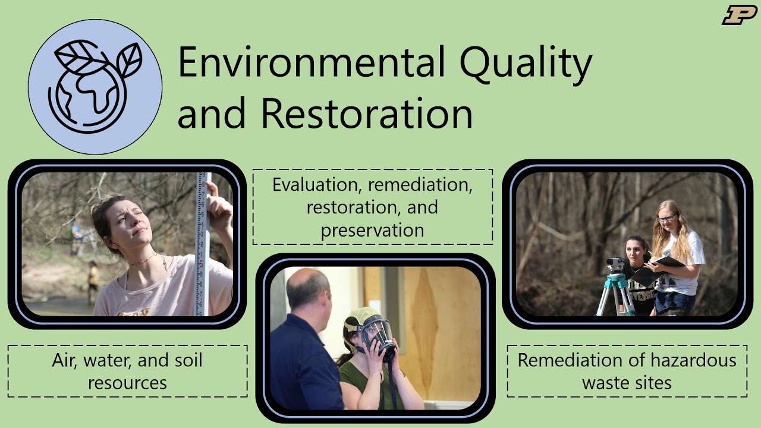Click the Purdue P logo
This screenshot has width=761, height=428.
[x=739, y=14]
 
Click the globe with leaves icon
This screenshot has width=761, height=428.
[x=95, y=86]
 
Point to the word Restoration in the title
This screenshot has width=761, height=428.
[x=367, y=112]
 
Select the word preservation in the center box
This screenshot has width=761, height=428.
[x=372, y=230]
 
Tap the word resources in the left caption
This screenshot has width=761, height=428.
[x=127, y=382]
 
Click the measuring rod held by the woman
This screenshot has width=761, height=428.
[x=203, y=244]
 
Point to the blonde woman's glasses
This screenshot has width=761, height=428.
[x=666, y=219]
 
